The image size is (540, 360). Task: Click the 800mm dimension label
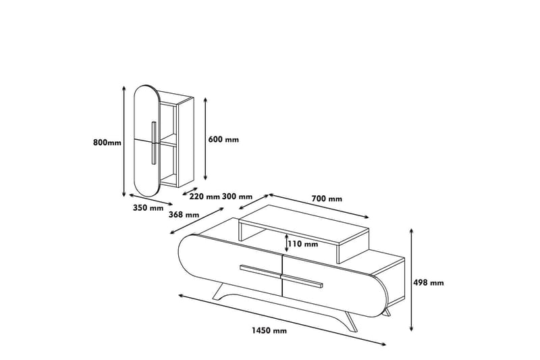107,143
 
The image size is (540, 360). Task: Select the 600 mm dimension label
223,140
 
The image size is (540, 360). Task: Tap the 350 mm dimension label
147,208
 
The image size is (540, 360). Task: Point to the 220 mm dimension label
205,197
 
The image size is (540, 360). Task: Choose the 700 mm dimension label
327,199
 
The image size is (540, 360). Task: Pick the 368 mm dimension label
183,215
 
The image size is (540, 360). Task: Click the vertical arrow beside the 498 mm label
412,280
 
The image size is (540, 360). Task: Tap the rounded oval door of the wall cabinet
147,142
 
